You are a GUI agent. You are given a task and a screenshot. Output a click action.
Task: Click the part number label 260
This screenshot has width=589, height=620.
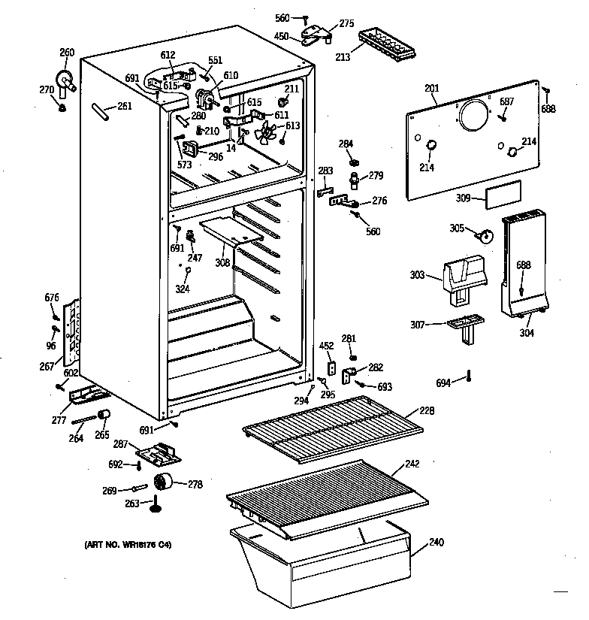click(67, 52)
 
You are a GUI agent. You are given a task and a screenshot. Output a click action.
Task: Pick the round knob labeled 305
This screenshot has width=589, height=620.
click(485, 236)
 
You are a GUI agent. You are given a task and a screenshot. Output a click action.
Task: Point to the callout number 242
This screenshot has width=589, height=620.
click(412, 464)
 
